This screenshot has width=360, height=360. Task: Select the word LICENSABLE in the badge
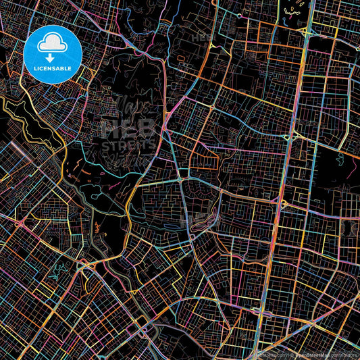52,68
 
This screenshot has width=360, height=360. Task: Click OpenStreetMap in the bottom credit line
311,353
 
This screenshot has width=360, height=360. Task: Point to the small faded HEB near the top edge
203,38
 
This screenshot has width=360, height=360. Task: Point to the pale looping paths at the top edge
294,10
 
